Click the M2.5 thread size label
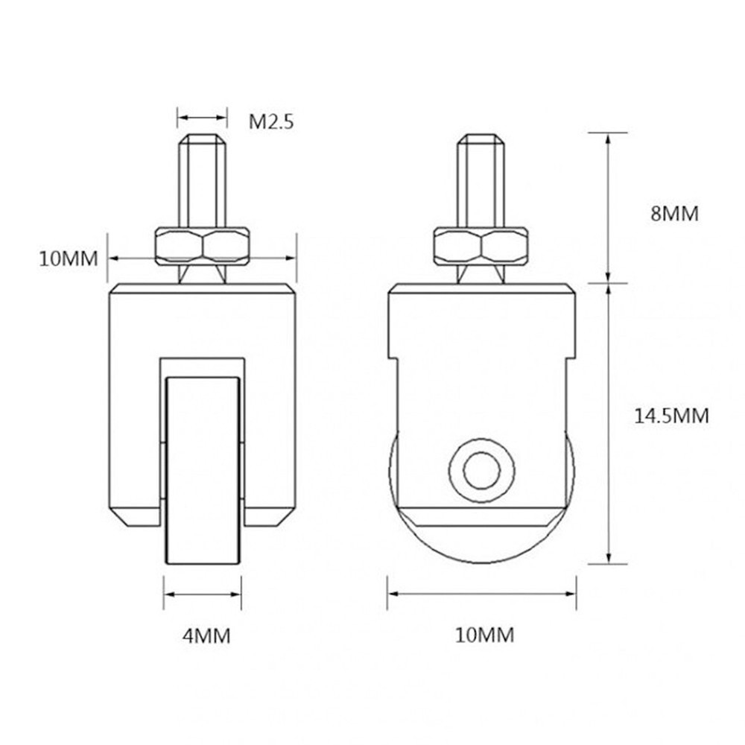tap(271, 121)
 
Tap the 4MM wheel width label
tap(206, 635)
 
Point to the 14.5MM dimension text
tap(671, 416)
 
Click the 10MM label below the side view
tap(484, 635)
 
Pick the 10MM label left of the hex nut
tap(69, 259)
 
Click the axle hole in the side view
tap(481, 470)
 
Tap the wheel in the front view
tap(203, 469)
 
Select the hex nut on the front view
tap(202, 245)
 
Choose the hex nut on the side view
tap(482, 245)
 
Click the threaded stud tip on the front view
tap(202, 142)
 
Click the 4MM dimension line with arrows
tap(203, 595)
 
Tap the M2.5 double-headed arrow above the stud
tap(202, 117)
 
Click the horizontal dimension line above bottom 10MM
tap(482, 595)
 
